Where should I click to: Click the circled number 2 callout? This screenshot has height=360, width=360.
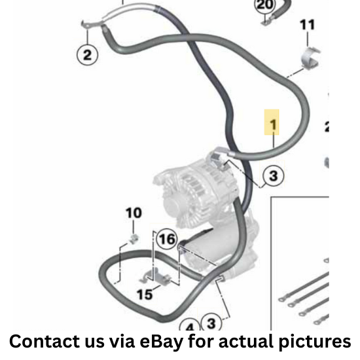[87, 55]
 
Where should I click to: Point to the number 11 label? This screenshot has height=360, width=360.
[307, 25]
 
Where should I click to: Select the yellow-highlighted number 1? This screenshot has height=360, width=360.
[272, 122]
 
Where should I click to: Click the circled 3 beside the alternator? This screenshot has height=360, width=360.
[273, 176]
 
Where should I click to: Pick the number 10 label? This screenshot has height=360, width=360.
[134, 213]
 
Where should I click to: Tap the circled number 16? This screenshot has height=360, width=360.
[167, 240]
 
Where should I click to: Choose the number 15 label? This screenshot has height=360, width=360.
[145, 295]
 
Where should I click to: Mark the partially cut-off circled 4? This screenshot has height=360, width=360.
[190, 325]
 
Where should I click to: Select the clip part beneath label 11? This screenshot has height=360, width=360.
[310, 58]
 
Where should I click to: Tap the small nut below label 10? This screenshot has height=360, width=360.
[133, 239]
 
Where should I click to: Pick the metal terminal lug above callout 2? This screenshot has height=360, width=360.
[92, 24]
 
